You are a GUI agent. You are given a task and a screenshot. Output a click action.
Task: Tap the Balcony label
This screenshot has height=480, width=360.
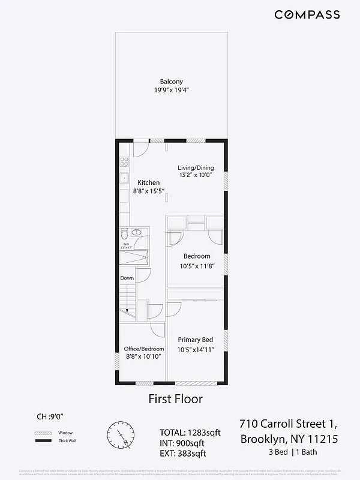171,82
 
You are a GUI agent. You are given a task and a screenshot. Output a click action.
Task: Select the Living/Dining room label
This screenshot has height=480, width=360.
196,167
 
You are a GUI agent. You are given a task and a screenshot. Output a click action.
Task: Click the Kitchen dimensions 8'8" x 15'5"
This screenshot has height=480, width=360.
148,191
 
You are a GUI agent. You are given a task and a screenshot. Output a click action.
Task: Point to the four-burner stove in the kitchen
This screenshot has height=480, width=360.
124,161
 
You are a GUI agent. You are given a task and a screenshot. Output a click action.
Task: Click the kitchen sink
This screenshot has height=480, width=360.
124,178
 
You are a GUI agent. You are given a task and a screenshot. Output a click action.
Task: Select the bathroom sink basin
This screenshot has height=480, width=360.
136,232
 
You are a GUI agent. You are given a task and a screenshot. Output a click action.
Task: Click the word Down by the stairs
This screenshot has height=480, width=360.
127,278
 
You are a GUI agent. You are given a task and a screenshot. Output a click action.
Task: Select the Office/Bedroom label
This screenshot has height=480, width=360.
143,349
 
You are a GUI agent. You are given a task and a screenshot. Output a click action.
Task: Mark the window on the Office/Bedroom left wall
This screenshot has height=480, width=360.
118,362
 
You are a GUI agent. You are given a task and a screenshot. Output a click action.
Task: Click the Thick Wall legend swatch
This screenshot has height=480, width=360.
41,441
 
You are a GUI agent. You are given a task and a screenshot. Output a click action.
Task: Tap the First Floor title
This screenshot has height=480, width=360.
175,399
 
